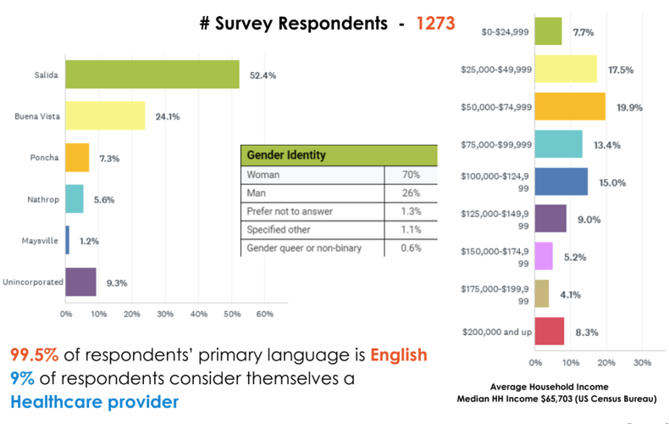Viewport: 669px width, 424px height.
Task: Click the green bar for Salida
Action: (x=152, y=75)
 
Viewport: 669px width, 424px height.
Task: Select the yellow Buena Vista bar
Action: (x=105, y=115)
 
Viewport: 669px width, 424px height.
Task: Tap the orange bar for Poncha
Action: (x=77, y=158)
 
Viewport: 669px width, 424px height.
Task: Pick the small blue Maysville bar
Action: (x=68, y=240)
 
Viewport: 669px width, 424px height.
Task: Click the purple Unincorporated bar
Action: (x=80, y=282)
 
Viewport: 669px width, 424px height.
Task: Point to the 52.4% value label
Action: (x=263, y=75)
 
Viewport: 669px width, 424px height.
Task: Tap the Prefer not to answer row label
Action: (x=289, y=211)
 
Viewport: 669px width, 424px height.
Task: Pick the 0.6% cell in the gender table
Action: (x=411, y=248)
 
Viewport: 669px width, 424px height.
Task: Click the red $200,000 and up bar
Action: (x=550, y=332)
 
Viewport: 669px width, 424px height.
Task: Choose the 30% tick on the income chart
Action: (x=642, y=363)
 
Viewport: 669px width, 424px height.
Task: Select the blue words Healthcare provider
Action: (x=95, y=399)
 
